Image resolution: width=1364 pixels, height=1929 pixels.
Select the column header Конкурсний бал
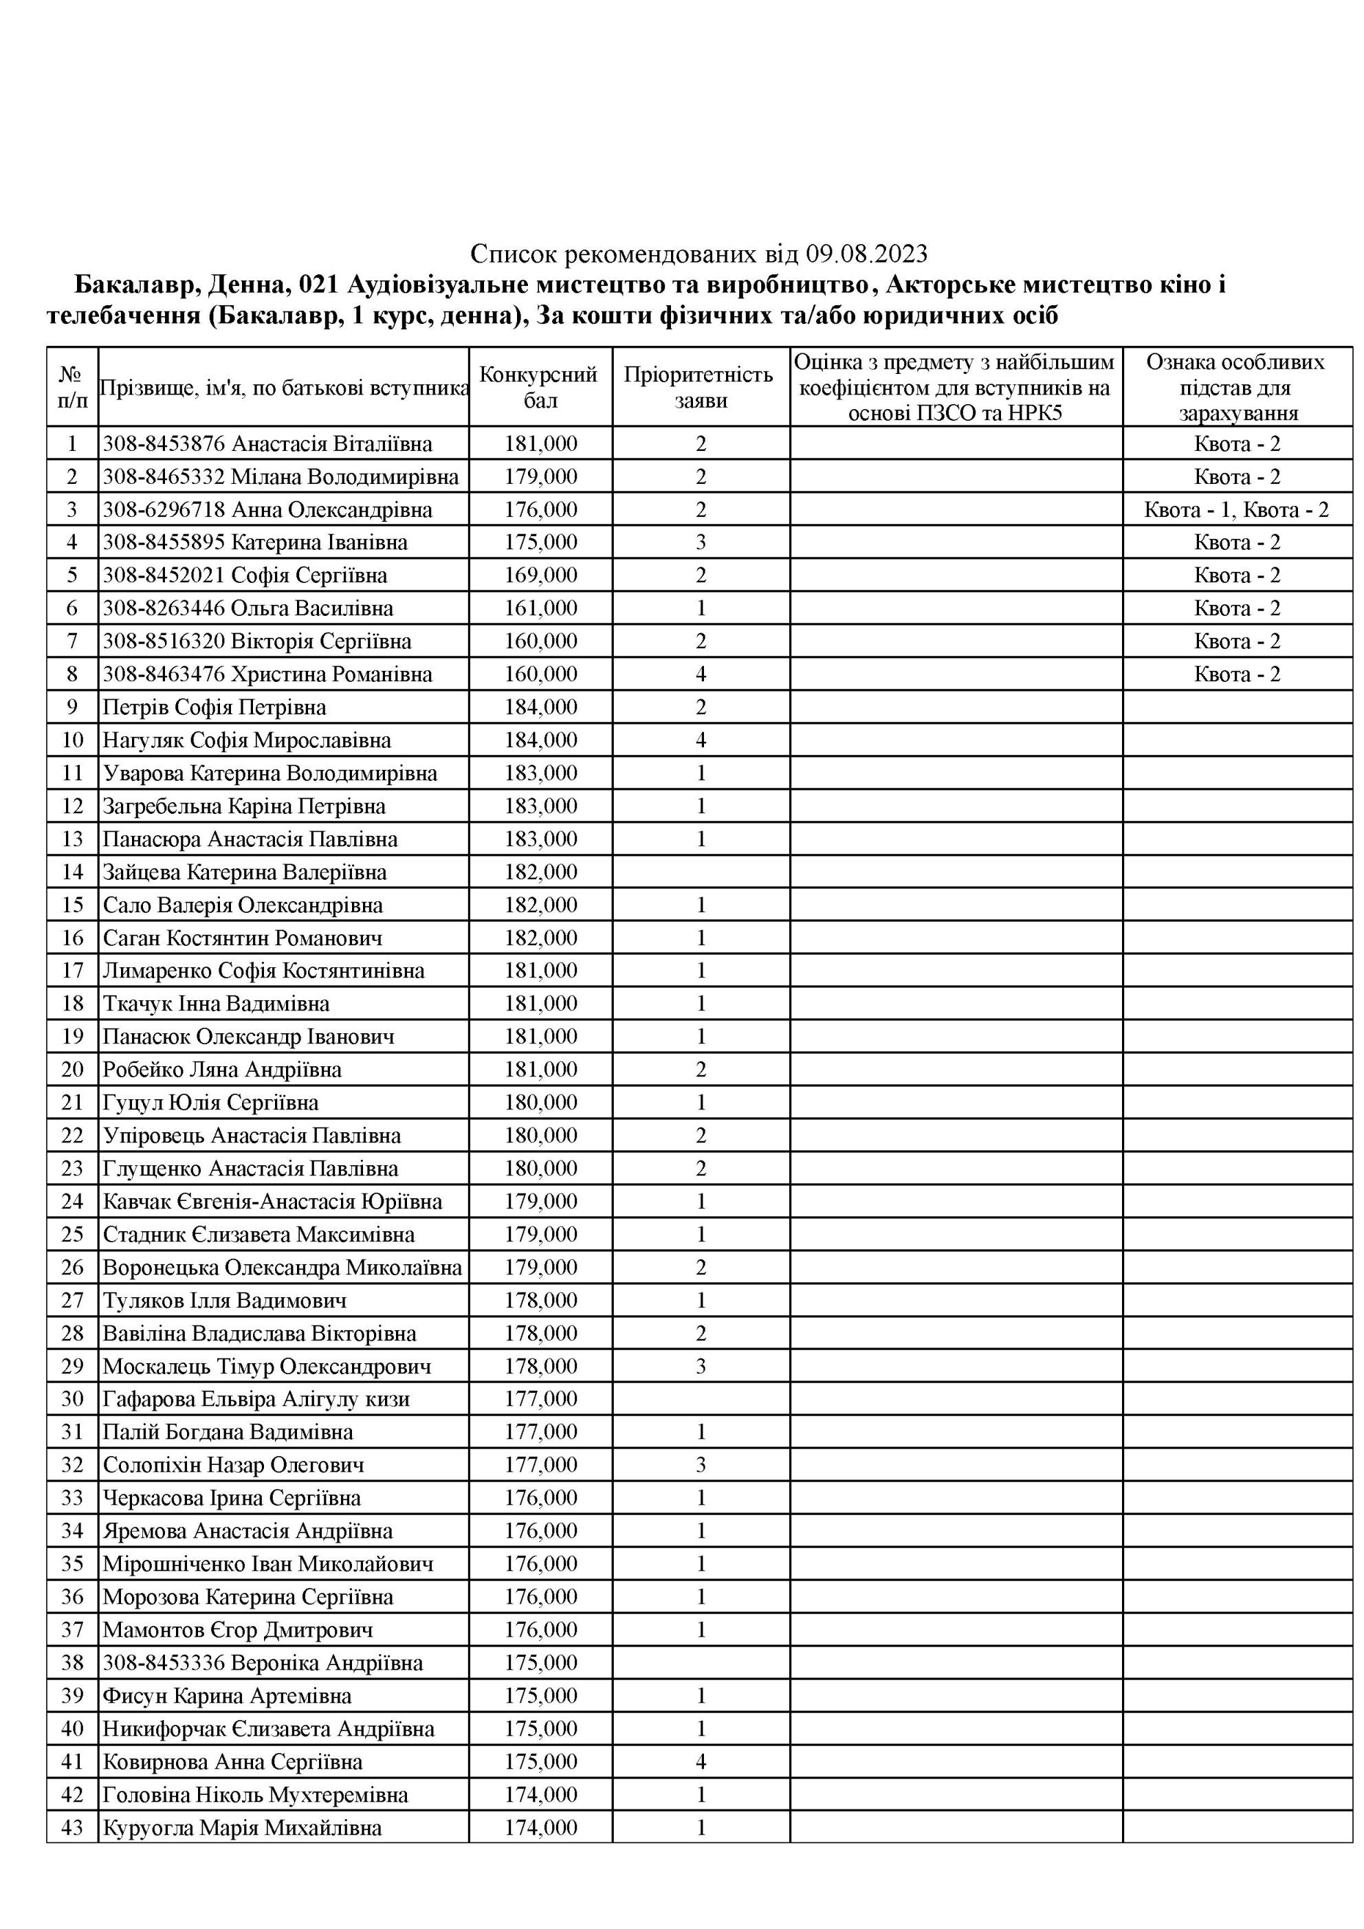pos(540,386)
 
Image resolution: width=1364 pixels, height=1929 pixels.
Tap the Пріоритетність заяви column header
pos(700,386)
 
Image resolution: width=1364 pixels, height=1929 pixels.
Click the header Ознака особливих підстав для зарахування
pos(1235,386)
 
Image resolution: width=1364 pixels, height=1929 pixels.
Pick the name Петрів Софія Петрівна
pos(214,707)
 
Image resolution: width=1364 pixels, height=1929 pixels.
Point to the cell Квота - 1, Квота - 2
pos(1236,510)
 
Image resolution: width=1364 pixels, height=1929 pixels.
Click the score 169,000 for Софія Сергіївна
pos(540,575)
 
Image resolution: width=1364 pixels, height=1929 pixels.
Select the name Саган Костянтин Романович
pos(242,938)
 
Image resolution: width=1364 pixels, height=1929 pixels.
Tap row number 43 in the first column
pos(72,1827)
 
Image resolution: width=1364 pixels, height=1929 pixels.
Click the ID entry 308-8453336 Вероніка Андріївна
pos(262,1663)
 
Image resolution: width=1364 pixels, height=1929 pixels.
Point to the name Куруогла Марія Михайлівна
pos(242,1827)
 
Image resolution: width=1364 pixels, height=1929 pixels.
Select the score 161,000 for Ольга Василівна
pos(540,608)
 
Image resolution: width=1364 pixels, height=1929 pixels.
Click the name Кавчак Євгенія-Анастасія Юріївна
pos(272,1202)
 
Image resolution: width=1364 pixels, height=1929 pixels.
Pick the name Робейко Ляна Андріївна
pos(222,1070)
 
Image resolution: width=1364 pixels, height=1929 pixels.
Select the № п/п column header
pos(72,386)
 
